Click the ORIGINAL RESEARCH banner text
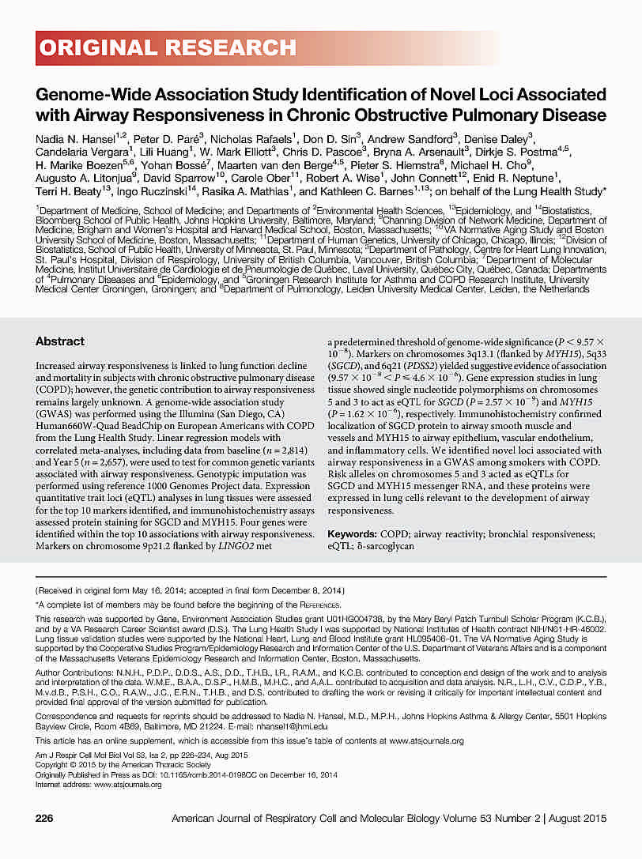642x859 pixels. coord(166,48)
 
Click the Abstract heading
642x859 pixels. coord(60,341)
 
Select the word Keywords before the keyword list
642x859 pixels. coord(376,534)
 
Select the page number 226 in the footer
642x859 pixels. coord(45,817)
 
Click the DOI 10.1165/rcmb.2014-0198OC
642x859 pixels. coord(200,774)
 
